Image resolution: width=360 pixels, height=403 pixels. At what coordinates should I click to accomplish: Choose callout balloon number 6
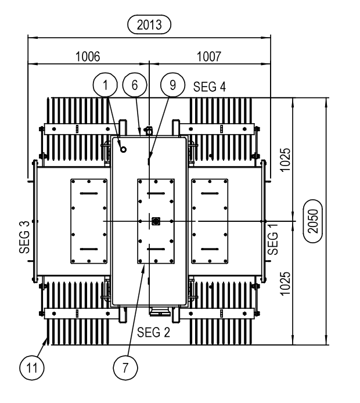[x=134, y=85]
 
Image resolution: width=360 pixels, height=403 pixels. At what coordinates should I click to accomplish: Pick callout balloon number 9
[x=172, y=85]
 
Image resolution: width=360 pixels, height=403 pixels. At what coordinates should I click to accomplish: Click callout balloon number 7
[x=124, y=367]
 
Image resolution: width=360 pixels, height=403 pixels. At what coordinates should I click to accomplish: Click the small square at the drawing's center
[x=155, y=221]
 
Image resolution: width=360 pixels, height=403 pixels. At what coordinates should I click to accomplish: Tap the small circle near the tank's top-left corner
[x=123, y=149]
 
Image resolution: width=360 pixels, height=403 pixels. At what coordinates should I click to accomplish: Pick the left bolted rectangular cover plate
[x=88, y=221]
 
